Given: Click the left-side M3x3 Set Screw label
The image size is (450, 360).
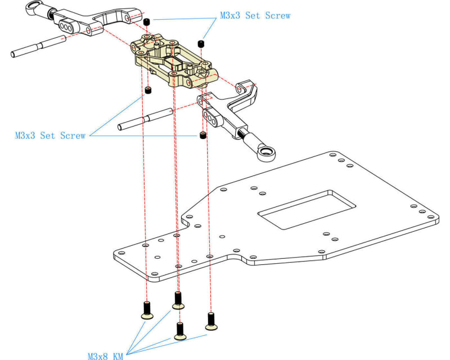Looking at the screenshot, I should click(50, 136).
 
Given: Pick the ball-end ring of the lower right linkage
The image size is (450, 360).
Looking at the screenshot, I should click(265, 151).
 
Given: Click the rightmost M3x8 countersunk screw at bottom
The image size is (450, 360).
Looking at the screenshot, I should click(211, 321).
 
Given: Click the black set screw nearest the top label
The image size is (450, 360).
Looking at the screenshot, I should click(147, 21).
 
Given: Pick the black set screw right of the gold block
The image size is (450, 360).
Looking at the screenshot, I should click(201, 43).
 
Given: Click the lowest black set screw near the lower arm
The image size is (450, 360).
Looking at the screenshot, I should click(202, 136).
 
